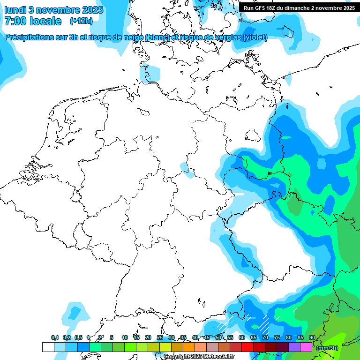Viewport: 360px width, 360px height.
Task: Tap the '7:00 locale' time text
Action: [x=33, y=21]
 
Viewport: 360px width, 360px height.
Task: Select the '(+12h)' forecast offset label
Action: [x=81, y=21]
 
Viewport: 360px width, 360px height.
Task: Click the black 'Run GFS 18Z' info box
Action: [x=299, y=7]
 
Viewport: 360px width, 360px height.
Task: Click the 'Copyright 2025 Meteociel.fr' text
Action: [x=199, y=357]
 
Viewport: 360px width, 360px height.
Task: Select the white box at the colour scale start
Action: [x=48, y=347]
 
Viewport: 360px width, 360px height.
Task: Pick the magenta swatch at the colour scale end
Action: [x=306, y=347]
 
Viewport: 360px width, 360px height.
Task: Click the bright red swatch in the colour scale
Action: [x=247, y=347]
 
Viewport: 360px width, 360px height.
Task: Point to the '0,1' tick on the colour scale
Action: [x=54, y=338]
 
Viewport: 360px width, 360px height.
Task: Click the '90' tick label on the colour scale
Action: [x=312, y=338]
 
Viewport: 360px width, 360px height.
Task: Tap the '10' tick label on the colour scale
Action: [x=124, y=338]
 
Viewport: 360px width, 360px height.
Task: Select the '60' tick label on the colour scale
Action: [x=241, y=338]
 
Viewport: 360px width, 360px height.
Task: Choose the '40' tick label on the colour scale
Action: [x=195, y=338]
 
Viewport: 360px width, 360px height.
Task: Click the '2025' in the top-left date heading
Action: [x=94, y=10]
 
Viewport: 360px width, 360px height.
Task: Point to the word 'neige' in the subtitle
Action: [x=135, y=37]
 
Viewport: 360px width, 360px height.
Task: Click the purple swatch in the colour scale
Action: [x=294, y=347]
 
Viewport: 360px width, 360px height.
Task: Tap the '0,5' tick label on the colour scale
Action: [x=78, y=338]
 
